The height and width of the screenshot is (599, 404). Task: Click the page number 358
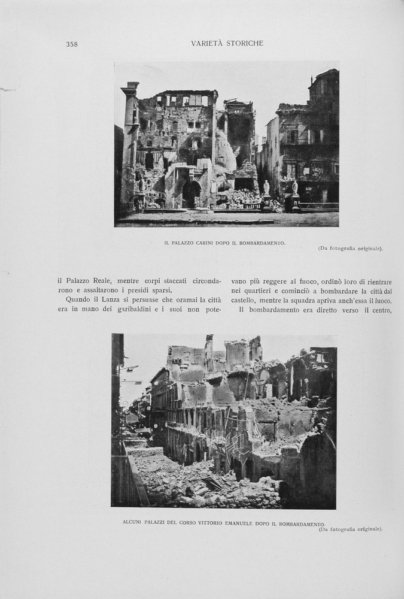click(72, 44)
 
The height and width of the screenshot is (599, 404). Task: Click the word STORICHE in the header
click(244, 43)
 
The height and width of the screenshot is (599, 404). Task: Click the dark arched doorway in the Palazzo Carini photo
click(191, 195)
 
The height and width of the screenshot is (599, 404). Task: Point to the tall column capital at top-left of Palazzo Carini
click(130, 89)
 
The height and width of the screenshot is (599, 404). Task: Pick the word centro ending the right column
click(379, 310)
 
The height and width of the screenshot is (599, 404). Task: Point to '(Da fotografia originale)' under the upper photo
click(350, 248)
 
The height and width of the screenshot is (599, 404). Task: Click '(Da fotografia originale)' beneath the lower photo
click(350, 529)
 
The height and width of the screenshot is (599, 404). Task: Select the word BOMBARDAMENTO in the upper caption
click(260, 243)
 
